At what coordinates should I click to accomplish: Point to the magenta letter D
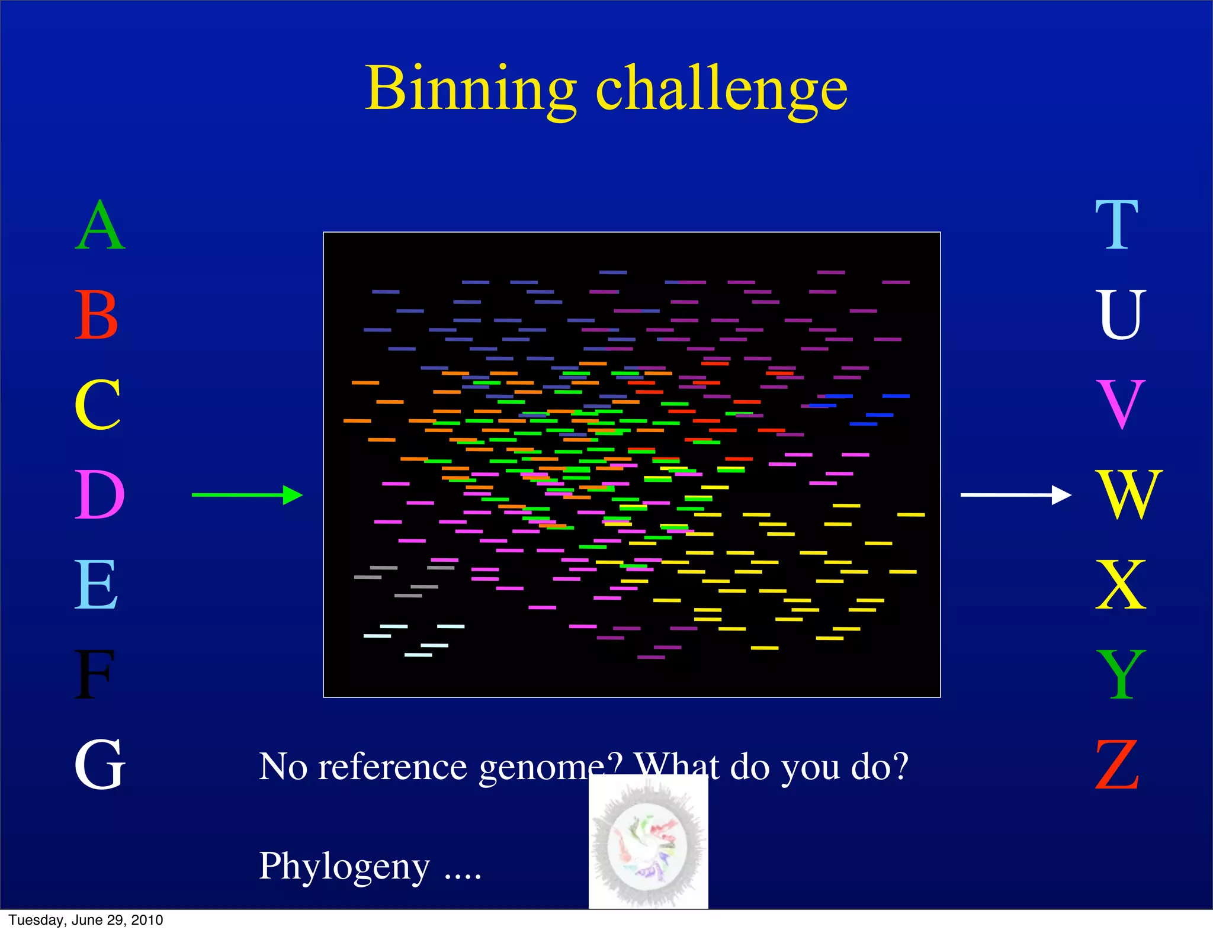click(100, 495)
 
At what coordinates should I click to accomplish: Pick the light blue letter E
click(96, 585)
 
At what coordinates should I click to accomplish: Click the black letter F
click(94, 675)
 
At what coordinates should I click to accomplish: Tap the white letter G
click(100, 765)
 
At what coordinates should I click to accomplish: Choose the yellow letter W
click(1129, 495)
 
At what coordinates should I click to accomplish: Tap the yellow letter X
click(1121, 585)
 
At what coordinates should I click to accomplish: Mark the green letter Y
click(1121, 675)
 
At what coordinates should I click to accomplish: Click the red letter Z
click(1117, 765)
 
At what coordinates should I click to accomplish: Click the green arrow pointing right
click(247, 495)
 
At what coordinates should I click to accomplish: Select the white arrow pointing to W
click(1016, 494)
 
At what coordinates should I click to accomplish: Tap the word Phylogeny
click(344, 867)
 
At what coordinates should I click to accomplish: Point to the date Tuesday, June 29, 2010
click(86, 920)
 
